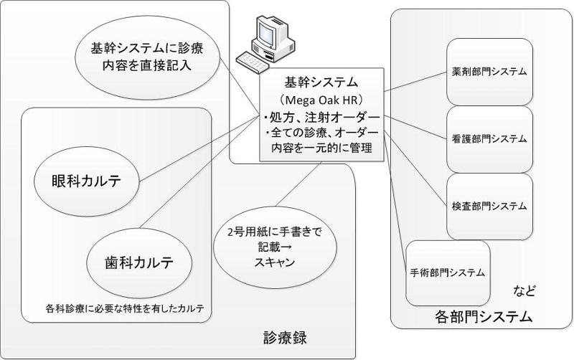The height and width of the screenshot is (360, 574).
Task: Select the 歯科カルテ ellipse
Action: point(140,260)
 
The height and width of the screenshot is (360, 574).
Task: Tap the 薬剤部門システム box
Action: point(490,72)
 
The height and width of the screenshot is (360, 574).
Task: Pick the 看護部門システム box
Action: point(490,138)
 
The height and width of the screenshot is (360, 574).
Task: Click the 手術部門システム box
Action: point(448,273)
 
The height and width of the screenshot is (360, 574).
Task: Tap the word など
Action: point(524,291)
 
